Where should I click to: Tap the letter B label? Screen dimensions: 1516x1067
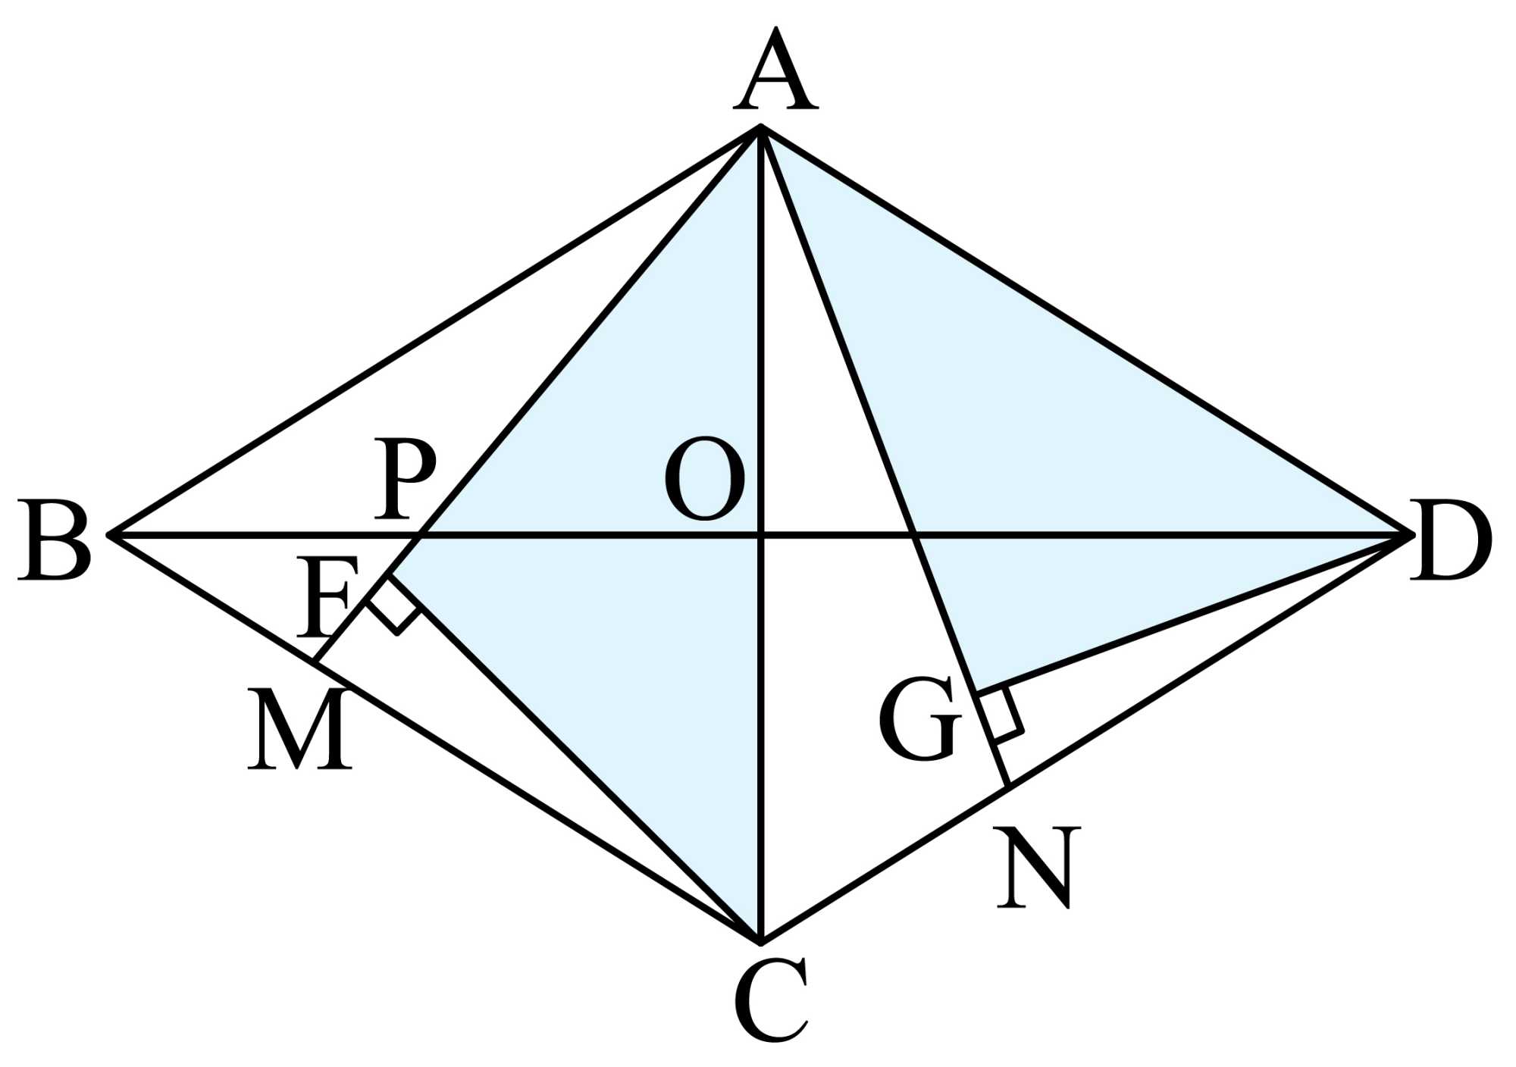coord(55,540)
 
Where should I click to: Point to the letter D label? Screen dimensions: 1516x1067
coord(1450,540)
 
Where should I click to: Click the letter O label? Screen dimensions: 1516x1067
coord(704,479)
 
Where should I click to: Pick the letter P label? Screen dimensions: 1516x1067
coord(406,479)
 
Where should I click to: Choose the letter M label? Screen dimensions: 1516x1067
coord(300,729)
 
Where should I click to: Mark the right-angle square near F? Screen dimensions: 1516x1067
coord(394,606)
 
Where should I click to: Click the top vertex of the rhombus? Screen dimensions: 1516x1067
coord(760,127)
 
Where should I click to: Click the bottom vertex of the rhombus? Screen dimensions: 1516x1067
coord(760,942)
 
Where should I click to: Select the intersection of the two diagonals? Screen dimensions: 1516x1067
coord(760,536)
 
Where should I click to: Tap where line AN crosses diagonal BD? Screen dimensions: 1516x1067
coord(916,536)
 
